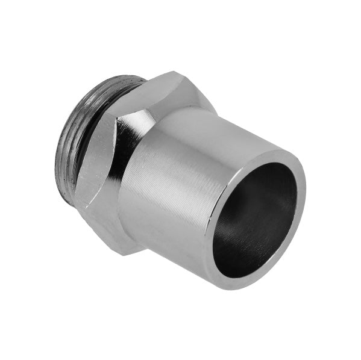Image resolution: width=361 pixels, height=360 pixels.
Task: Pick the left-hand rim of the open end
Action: [x=209, y=241]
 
